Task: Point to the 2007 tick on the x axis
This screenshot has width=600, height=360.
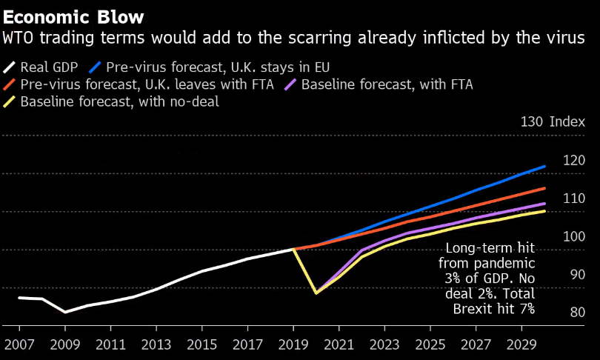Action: pos(19,344)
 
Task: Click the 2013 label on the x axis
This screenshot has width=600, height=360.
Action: pos(156,344)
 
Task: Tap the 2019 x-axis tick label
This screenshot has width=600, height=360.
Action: pos(293,344)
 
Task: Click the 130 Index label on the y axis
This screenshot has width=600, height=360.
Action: pos(553,122)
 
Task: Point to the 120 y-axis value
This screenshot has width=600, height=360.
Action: pos(574,161)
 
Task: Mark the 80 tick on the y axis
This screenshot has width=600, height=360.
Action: pos(577,313)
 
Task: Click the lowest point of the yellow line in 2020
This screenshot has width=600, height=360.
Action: pos(316,293)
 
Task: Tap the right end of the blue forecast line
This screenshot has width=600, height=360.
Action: pos(545,166)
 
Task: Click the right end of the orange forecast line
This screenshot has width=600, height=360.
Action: pos(545,188)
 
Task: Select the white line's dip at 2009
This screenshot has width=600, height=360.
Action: pos(65,312)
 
